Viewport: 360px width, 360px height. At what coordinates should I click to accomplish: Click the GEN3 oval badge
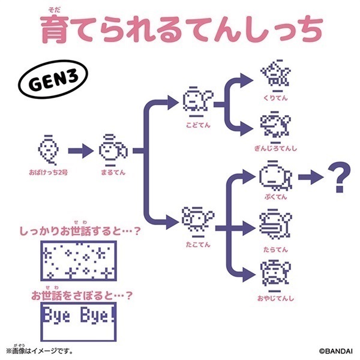[53, 79]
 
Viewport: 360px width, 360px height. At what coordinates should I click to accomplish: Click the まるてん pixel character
[113, 151]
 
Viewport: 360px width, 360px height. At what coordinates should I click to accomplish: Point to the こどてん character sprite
[198, 101]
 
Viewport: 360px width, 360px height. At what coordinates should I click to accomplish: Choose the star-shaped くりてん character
[275, 74]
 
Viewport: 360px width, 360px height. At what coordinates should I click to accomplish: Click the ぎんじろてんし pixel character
[275, 127]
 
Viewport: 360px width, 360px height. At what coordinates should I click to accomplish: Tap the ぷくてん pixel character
[275, 176]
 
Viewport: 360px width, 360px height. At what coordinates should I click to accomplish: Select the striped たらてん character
[275, 225]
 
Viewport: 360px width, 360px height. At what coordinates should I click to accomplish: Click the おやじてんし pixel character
[275, 275]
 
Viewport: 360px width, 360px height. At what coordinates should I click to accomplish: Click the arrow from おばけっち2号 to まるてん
[81, 151]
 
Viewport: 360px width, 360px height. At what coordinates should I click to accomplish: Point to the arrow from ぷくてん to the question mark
[311, 177]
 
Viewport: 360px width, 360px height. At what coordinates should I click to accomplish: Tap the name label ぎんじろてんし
[275, 149]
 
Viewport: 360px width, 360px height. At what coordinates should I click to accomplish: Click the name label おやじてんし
[275, 298]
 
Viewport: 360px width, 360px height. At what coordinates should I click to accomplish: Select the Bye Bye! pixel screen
[79, 322]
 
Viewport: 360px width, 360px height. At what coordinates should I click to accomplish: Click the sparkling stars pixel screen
[79, 261]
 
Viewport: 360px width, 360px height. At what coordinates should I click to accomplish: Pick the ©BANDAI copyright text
[335, 351]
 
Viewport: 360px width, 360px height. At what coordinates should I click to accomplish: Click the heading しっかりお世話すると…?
[79, 231]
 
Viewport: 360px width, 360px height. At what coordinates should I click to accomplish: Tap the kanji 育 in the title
[55, 29]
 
